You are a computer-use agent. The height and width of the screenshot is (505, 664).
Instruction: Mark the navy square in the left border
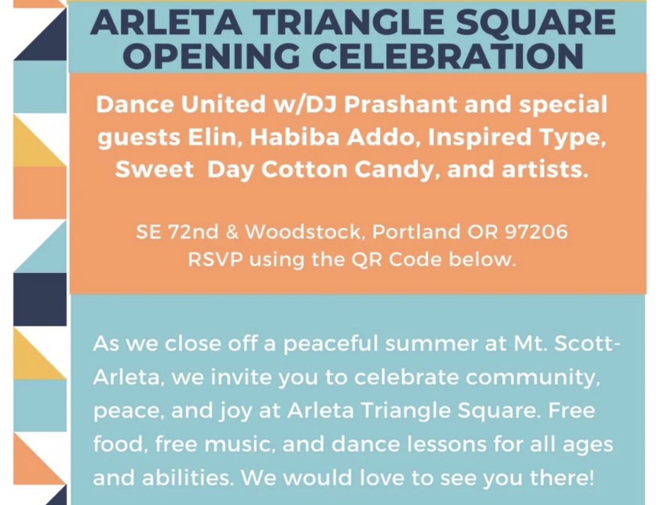(40, 299)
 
